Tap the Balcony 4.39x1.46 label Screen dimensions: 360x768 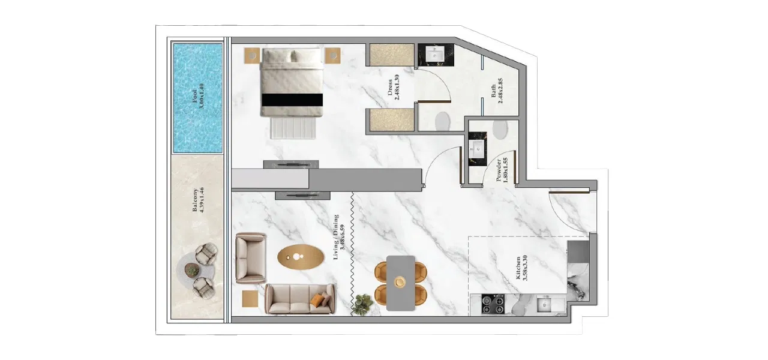point(198,206)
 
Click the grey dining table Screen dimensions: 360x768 point(400,283)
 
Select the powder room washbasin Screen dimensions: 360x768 point(478,148)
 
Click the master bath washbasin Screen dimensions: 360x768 point(436,56)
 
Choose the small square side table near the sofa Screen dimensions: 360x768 point(250,298)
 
